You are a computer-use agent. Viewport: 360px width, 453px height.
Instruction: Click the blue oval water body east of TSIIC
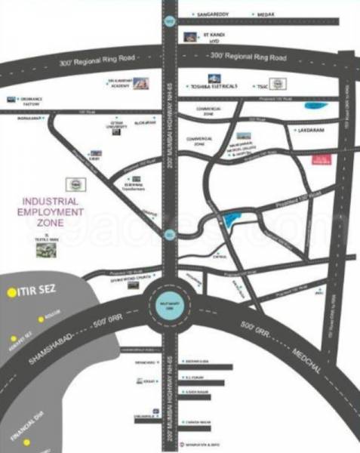pyautogui.click(x=311, y=106)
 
